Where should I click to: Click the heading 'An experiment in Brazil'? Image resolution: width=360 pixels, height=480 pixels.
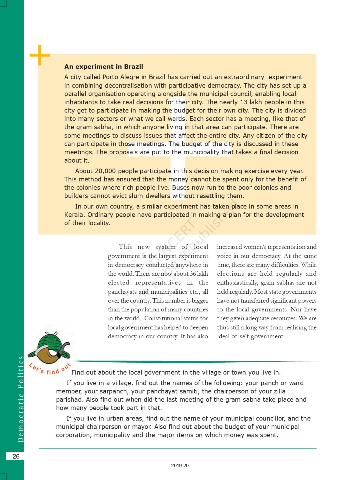pos(103,67)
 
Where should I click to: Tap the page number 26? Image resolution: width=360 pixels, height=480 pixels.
pos(16,456)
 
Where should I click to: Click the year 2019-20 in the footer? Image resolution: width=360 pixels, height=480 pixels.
pos(180,465)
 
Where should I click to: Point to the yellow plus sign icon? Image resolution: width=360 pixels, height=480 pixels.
pos(39,55)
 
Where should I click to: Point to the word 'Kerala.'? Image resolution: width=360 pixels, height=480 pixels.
pos(75,215)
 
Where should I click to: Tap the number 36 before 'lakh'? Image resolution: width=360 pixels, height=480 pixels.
pos(193,273)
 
